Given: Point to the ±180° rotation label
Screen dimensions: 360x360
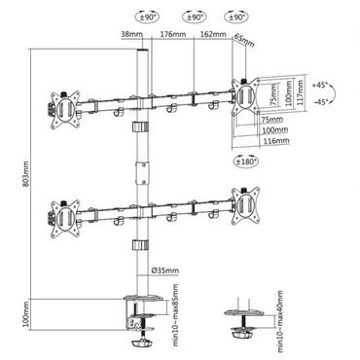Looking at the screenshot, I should (x=245, y=161).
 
